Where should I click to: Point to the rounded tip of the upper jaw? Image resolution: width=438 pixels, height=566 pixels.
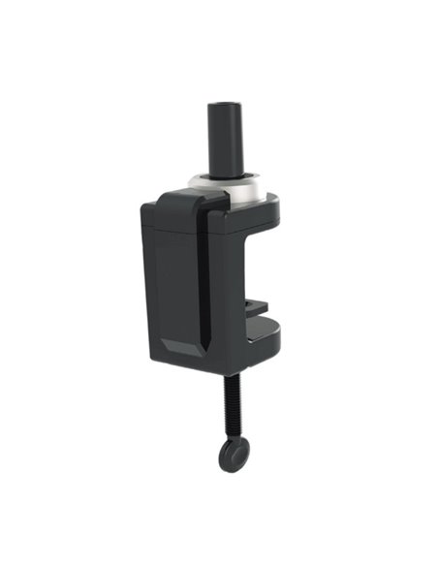pos(273,206)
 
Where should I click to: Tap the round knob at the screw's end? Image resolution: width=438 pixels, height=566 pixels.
pos(232,454)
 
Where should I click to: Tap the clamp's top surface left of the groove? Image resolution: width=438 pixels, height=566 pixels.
pos(174,202)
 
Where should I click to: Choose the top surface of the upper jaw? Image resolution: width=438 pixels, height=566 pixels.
pos(254,202)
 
